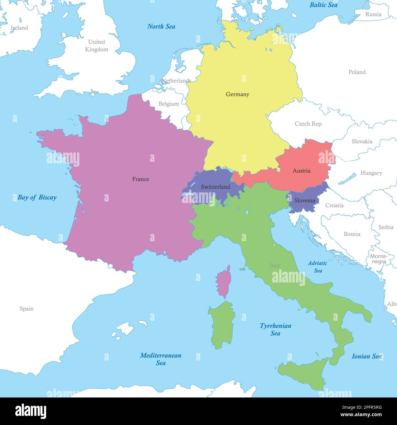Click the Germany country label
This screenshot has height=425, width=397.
[237, 94]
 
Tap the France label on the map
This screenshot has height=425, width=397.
[140, 179]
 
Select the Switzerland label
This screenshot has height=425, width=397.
[215, 187]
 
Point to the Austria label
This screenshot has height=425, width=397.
[301, 171]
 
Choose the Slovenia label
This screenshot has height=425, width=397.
[304, 201]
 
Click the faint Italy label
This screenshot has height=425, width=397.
[275, 265]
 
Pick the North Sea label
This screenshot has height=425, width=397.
[161, 27]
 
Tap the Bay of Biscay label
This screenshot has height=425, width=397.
[37, 197]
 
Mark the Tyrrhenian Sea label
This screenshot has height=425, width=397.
[275, 329]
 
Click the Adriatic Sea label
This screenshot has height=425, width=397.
[318, 267]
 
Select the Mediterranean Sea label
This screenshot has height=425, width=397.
[161, 359]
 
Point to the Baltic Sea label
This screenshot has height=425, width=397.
[323, 5]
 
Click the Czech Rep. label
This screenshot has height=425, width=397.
[308, 124]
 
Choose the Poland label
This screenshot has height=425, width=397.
[357, 72]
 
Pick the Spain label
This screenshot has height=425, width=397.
[27, 309]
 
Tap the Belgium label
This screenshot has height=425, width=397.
[169, 104]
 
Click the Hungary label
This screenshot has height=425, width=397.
[371, 173]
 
